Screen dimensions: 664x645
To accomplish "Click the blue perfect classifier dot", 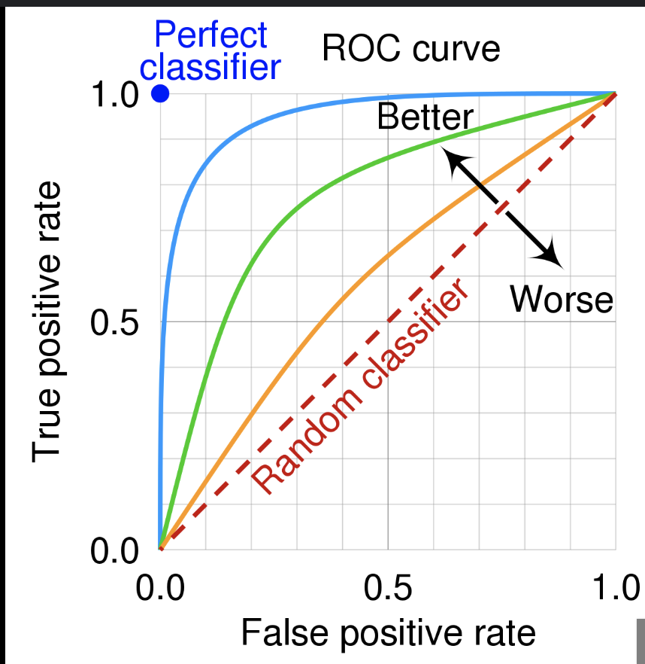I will (159, 94).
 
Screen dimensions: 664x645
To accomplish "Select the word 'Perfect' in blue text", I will (210, 35).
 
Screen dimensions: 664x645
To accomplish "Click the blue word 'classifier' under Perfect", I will (210, 68).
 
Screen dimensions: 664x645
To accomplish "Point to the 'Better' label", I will (425, 117).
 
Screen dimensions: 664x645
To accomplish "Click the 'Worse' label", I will (561, 300).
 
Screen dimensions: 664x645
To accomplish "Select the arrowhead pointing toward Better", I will (453, 160).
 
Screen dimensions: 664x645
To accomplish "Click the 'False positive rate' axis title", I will (388, 632).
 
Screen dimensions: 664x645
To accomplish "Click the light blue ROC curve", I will (195, 151).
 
